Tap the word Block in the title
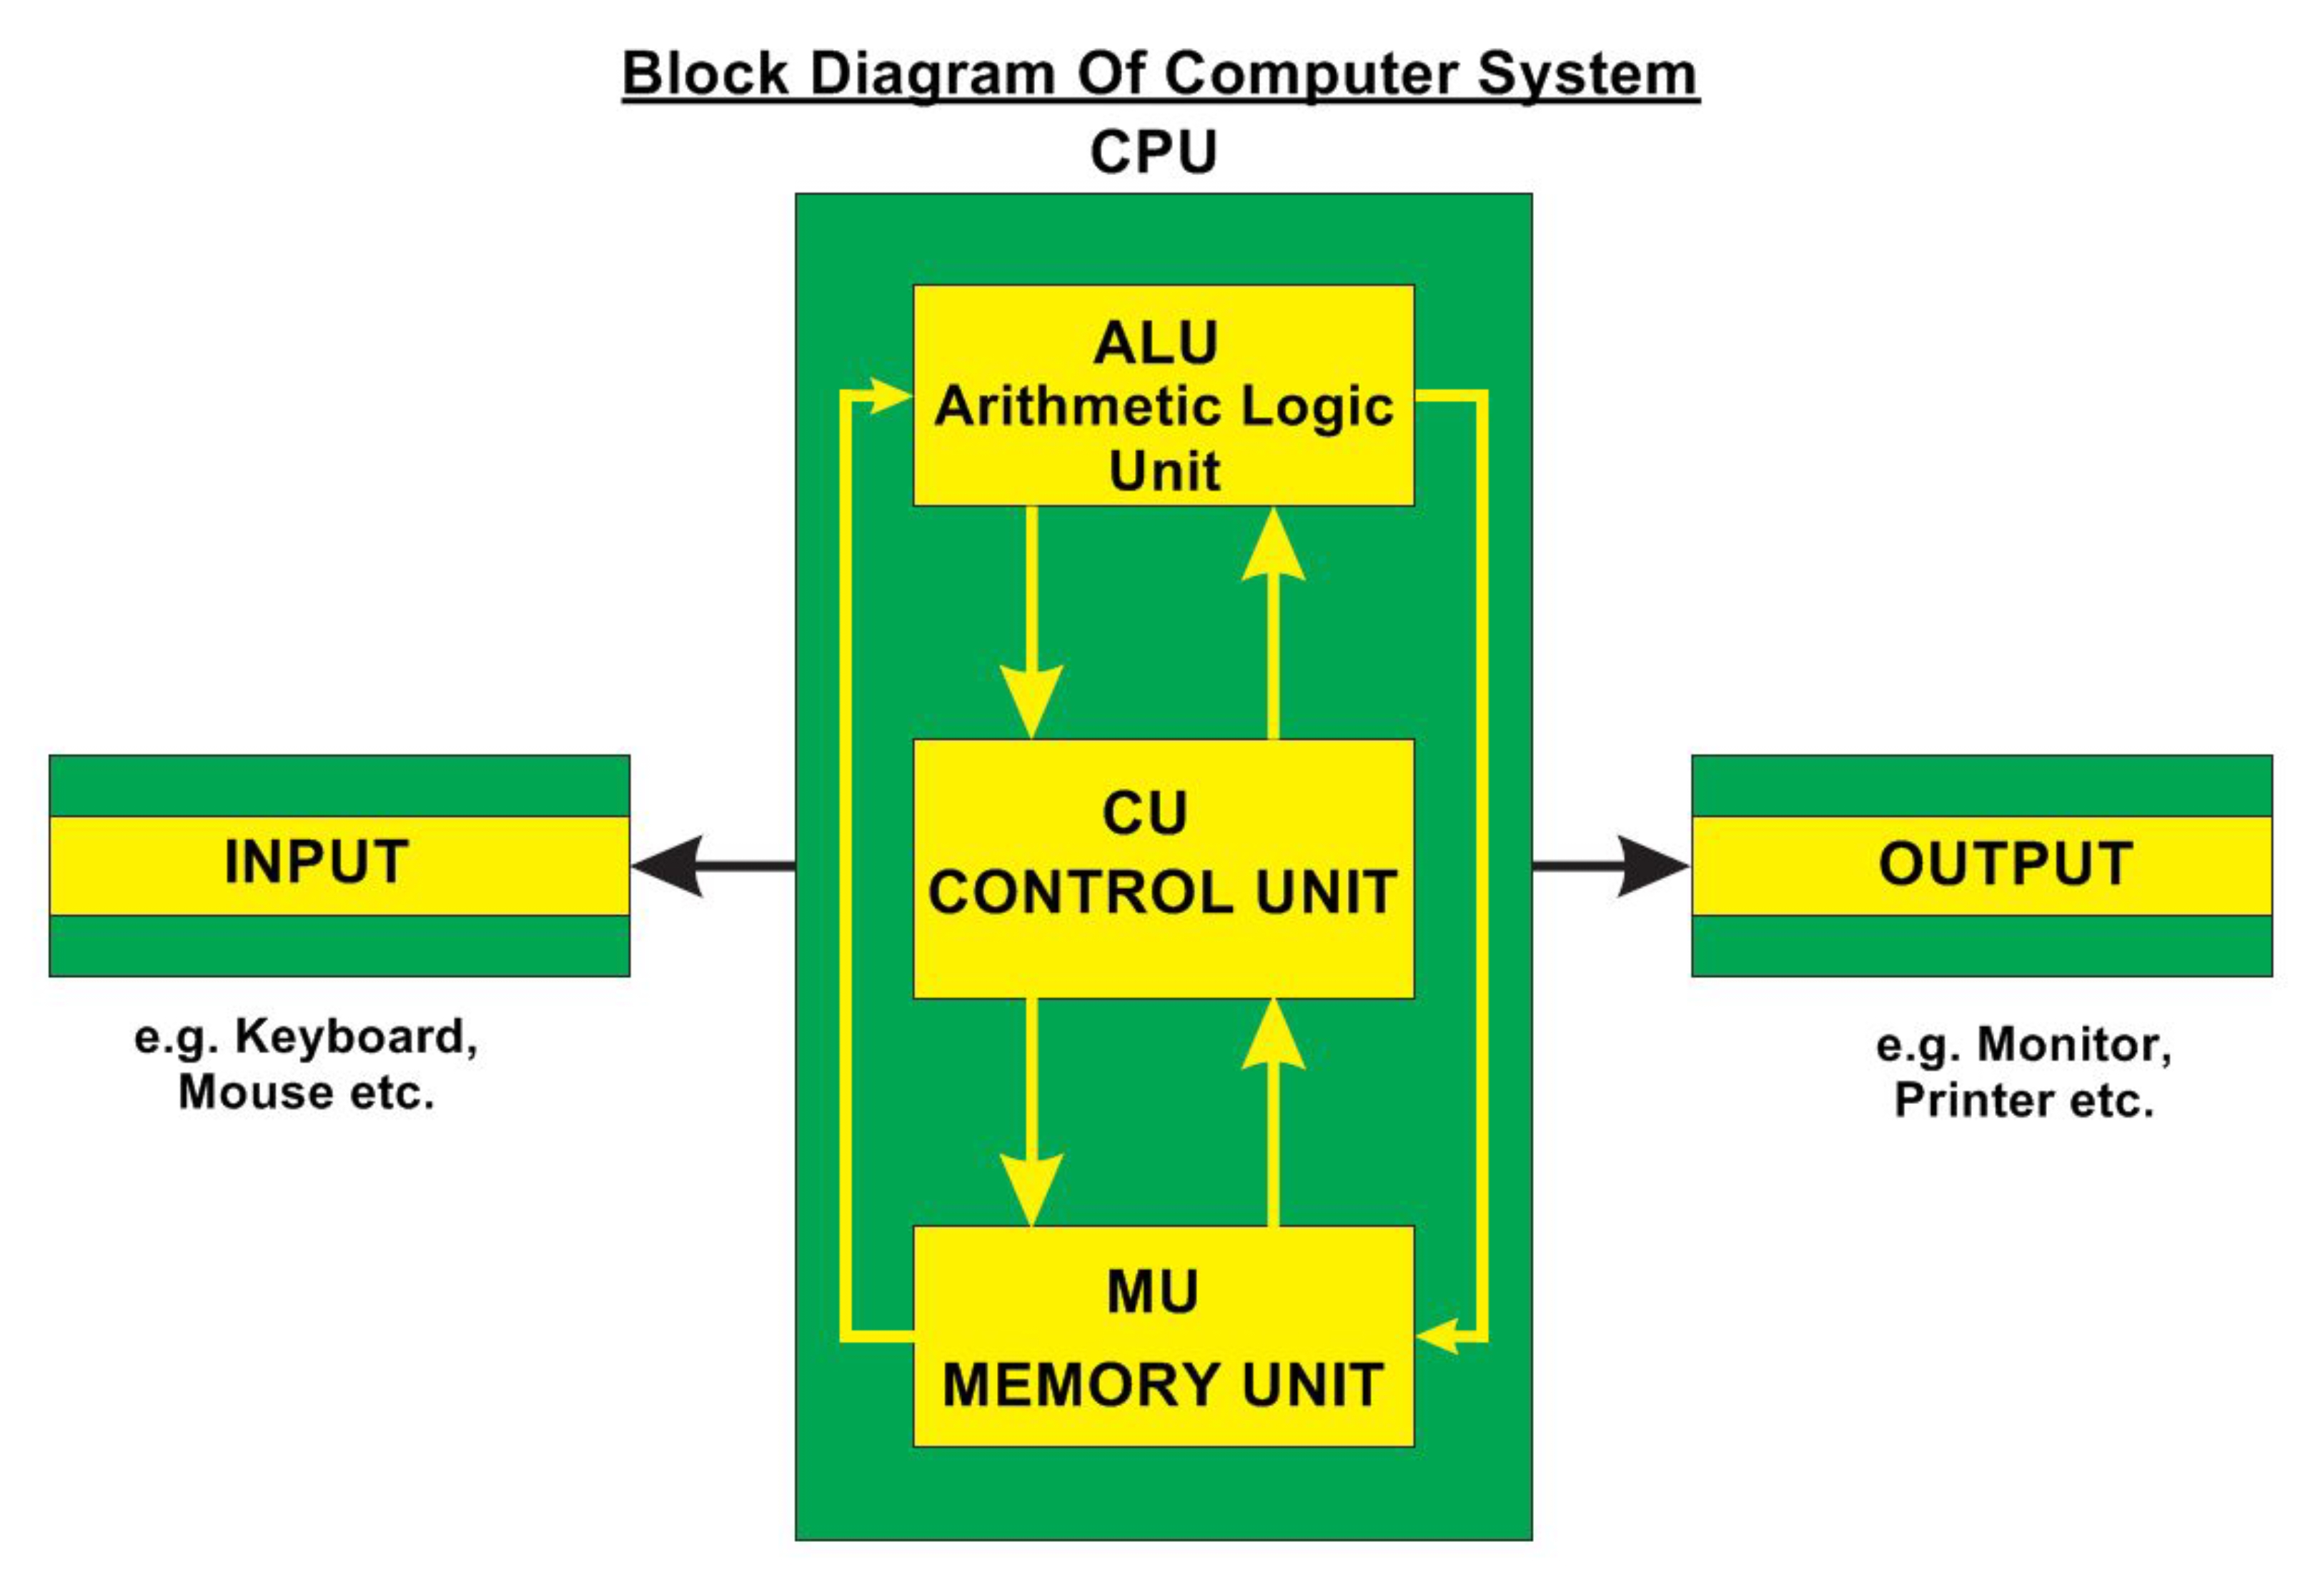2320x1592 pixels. pyautogui.click(x=705, y=75)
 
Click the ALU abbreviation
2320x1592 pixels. pyautogui.click(x=1156, y=344)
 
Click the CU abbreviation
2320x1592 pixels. pyautogui.click(x=1145, y=812)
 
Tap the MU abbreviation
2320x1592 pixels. pyautogui.click(x=1152, y=1292)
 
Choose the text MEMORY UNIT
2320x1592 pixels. pyautogui.click(x=1163, y=1385)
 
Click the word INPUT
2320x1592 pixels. pyautogui.click(x=317, y=862)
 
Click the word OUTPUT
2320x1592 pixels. pyautogui.click(x=2006, y=863)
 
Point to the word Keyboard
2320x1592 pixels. pyautogui.click(x=357, y=1037)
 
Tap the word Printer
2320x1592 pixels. pyautogui.click(x=1973, y=1100)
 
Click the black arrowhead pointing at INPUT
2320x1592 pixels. pyautogui.click(x=669, y=865)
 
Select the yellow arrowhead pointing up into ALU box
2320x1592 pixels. pyautogui.click(x=1273, y=547)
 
